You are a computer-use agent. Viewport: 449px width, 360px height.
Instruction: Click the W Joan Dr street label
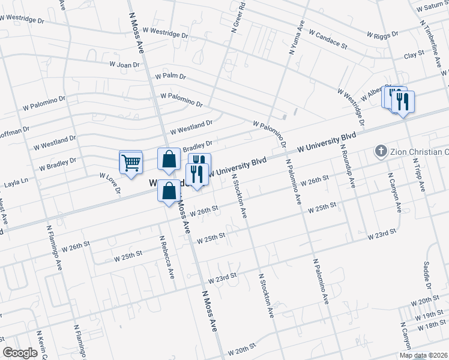pos(124,64)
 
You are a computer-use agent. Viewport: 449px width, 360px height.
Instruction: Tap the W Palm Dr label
pos(170,77)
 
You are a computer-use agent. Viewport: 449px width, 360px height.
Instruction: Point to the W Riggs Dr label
pos(381,37)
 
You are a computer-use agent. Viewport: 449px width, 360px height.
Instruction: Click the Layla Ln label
pos(16,180)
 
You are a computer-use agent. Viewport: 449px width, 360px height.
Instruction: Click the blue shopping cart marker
pos(131,162)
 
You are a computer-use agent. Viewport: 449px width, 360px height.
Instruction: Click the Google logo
pos(20,353)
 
